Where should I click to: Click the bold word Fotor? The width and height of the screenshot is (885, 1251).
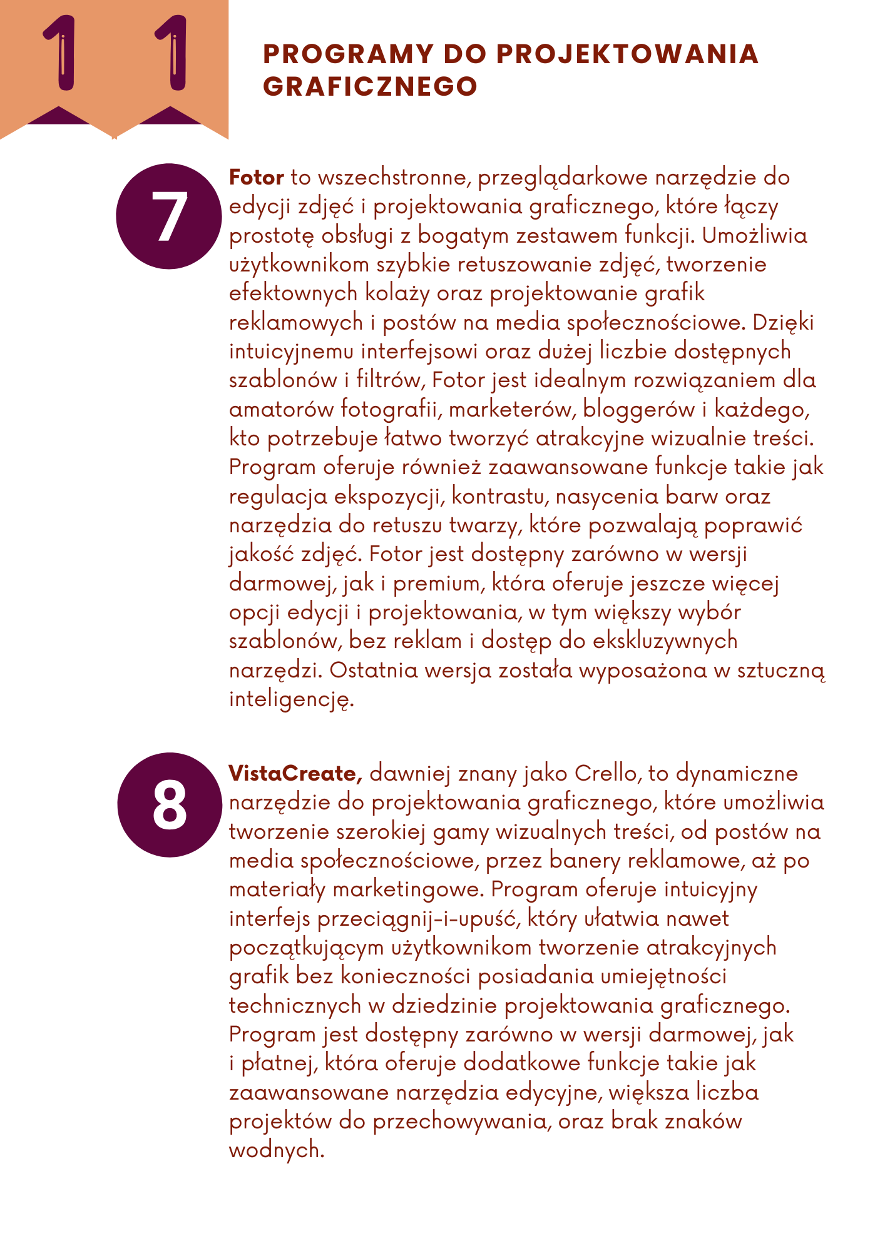click(x=257, y=178)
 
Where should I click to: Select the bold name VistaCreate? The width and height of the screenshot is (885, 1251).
click(x=295, y=774)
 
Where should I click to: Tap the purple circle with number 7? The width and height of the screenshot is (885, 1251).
click(x=169, y=216)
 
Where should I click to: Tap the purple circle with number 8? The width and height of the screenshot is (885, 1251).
click(x=170, y=805)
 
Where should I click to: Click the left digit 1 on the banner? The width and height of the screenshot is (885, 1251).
click(x=60, y=54)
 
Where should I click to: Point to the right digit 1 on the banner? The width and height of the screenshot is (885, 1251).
click(x=171, y=54)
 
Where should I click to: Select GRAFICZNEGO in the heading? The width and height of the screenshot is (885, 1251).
click(x=371, y=86)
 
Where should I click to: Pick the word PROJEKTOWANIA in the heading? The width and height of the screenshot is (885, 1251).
click(x=628, y=54)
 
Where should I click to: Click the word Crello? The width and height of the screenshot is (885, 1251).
click(x=605, y=774)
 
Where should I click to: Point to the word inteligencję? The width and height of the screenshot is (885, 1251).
click(x=292, y=699)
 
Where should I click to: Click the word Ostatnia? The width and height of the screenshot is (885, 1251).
click(x=374, y=670)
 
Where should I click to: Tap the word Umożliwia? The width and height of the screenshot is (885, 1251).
click(x=754, y=236)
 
